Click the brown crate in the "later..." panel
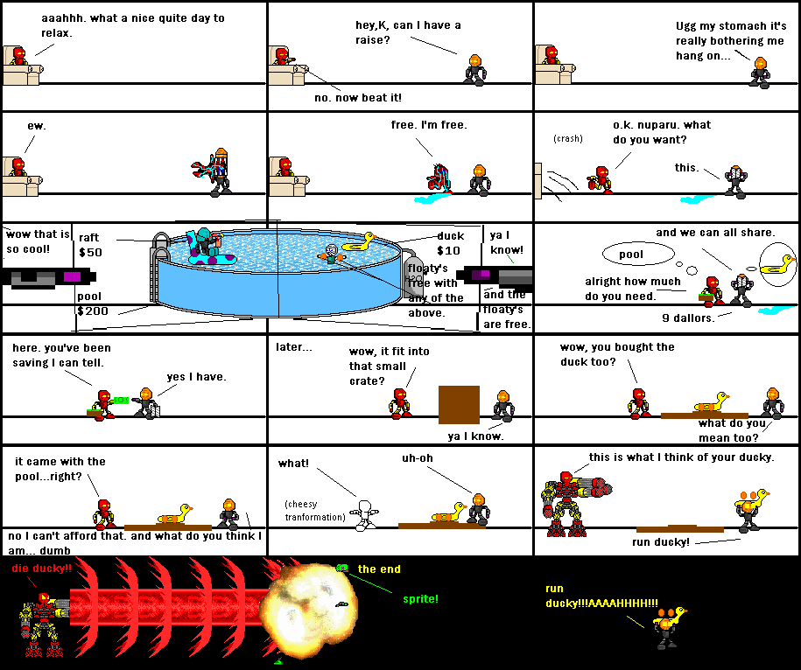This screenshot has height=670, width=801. pyautogui.click(x=459, y=405)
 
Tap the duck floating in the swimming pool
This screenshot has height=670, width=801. pyautogui.click(x=358, y=243)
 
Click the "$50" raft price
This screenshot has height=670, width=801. pyautogui.click(x=91, y=252)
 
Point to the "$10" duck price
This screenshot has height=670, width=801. pyautogui.click(x=448, y=251)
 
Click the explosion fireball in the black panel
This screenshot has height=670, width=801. pyautogui.click(x=303, y=604)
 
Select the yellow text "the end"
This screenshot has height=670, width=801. pyautogui.click(x=379, y=569)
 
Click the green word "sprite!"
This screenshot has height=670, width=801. pyautogui.click(x=421, y=599)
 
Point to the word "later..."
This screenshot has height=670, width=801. pyautogui.click(x=294, y=346)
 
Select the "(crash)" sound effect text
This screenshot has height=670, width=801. pyautogui.click(x=568, y=138)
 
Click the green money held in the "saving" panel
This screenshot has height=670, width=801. pyautogui.click(x=121, y=400)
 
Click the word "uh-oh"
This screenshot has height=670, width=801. pyautogui.click(x=418, y=457)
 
